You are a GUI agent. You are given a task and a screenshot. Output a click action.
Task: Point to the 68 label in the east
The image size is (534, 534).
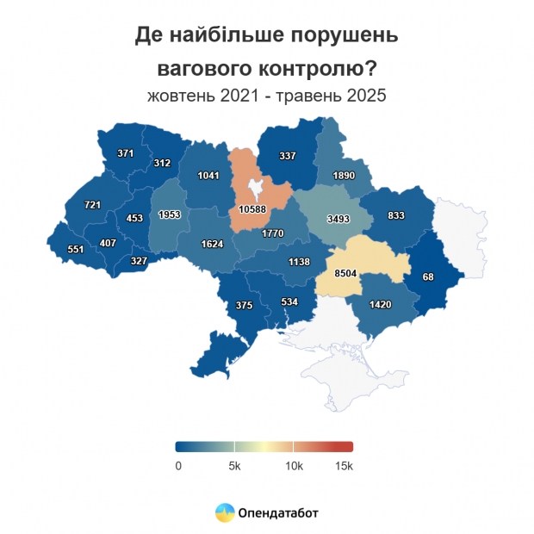428,276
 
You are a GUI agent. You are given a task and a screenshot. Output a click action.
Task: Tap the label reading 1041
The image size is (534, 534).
208,175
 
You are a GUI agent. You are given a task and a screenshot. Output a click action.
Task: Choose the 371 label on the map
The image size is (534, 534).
126,153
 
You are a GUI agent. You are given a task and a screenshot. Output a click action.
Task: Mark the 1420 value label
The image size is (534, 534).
381,304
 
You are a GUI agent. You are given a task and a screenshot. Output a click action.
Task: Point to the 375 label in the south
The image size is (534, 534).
244,305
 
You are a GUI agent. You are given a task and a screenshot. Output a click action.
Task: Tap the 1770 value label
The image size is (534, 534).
273,233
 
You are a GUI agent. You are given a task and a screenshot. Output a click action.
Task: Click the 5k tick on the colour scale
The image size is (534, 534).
234,466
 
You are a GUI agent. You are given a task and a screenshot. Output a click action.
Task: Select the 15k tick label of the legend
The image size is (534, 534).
344,466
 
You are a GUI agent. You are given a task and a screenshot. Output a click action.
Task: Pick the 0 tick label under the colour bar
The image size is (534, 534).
178,466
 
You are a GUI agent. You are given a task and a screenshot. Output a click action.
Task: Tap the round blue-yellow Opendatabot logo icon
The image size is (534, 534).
224,512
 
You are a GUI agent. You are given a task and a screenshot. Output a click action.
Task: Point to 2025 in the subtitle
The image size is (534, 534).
366,96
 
